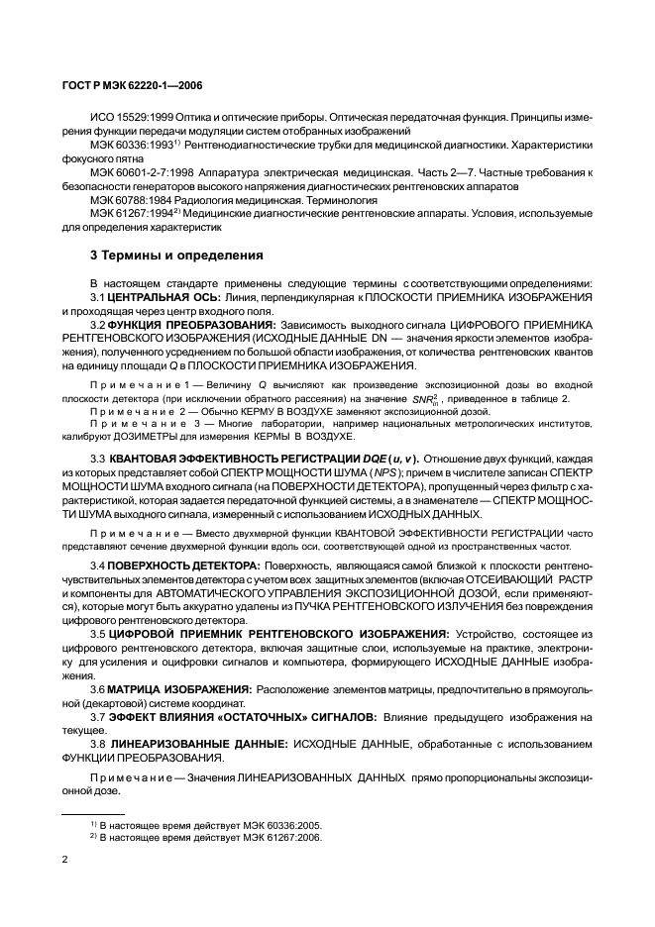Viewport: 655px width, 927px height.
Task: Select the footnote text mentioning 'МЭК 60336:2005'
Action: tap(208, 823)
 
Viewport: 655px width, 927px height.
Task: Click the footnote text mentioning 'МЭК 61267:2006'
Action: tap(208, 837)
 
